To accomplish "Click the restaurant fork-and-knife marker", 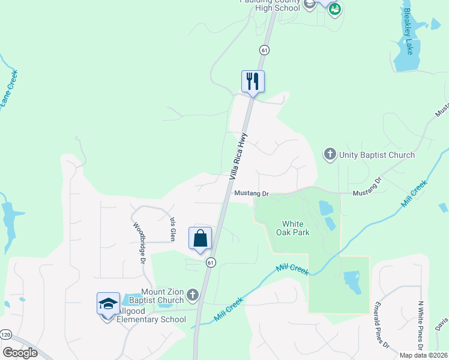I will point(253,81).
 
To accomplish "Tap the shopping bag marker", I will point(200,238).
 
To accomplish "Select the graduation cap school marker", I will point(108,304).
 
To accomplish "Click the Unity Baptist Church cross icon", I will point(330,155).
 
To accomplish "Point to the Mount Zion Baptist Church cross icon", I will point(192,295).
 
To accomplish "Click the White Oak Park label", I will point(293,228).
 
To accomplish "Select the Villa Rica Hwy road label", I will point(238,155).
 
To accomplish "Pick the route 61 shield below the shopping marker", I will point(211,262).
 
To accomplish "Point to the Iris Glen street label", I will point(172,221).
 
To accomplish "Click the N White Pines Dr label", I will point(421,325).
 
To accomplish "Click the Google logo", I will point(20,353).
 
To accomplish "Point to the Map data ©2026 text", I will point(424,355).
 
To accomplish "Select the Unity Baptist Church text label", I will point(376,155).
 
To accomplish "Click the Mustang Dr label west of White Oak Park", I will point(251,193).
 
